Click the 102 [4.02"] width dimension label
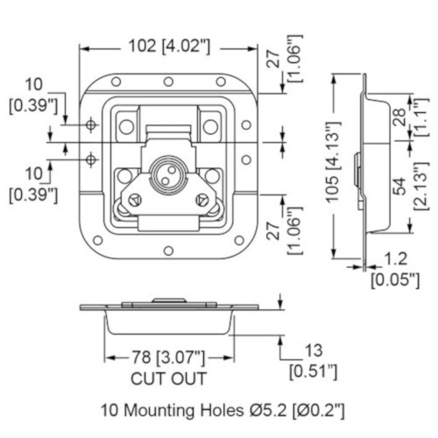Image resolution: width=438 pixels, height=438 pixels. [169, 46]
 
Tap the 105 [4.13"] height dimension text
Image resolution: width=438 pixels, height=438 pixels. [334, 161]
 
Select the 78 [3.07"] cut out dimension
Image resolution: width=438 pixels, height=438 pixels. [169, 357]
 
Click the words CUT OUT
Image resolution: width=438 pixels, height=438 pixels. [168, 378]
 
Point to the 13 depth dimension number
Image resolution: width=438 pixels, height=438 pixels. [314, 350]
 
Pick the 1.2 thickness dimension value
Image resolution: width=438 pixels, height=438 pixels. [396, 259]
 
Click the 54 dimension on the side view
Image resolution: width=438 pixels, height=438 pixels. [400, 186]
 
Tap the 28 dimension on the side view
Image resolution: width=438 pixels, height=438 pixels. [400, 117]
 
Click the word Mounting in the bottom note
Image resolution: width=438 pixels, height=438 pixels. [160, 410]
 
